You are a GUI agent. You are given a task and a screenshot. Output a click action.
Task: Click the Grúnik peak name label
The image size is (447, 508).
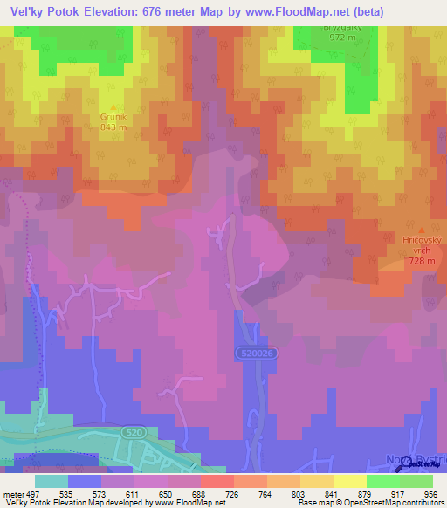coord(113,115)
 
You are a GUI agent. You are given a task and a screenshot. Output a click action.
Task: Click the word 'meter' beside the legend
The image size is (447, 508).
coord(12,494)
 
